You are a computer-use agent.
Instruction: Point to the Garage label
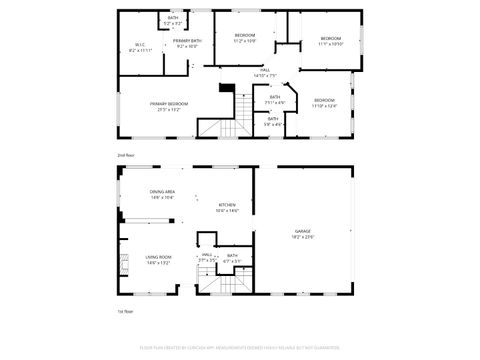pos(302,232)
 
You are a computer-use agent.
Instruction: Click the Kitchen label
pos(228,207)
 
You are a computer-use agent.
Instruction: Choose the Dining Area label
pos(163,195)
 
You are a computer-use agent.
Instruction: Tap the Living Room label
pos(159,259)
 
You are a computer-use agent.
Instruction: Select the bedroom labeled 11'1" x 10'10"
pos(331,41)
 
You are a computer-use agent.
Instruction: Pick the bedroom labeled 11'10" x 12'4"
pos(325,103)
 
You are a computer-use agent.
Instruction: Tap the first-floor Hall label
pos(207,257)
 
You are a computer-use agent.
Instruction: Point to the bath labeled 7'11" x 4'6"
pos(275,100)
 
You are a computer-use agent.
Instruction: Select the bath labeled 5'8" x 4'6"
pos(273,121)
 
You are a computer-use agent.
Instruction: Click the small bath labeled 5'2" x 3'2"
pos(174,20)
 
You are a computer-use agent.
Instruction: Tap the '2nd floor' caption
pos(126,156)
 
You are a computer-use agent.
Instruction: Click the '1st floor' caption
pos(125,312)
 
